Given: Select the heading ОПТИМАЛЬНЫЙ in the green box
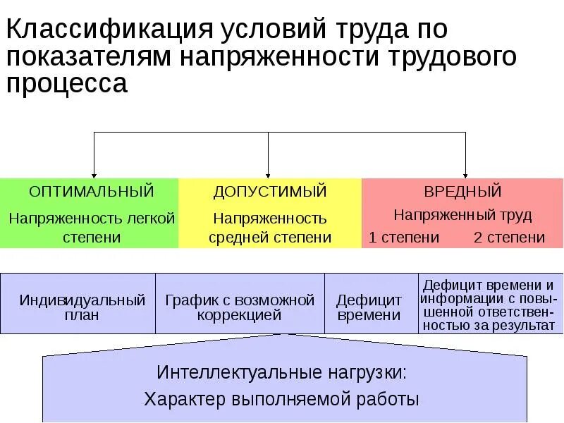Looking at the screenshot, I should tap(91, 191).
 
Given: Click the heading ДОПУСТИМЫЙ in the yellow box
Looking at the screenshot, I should tap(270, 191).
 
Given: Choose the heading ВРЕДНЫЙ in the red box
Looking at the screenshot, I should tap(462, 191).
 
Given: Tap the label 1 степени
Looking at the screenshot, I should tap(404, 238).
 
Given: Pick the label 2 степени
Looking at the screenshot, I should tap(509, 238).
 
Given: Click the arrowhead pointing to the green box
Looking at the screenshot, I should tap(94, 173).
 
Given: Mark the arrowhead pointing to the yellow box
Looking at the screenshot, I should tap(268, 173).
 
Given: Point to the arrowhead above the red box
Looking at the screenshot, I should tap(465, 173).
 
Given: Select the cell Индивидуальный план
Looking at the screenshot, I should tap(82, 307).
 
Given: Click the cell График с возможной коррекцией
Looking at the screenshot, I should tap(240, 307).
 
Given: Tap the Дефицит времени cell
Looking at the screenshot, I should tap(369, 308).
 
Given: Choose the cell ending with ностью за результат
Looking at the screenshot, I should tap(488, 305).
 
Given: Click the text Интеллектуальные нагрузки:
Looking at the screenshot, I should tap(282, 372).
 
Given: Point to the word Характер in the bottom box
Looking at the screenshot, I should tap(184, 399).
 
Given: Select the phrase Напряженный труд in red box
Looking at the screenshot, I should tap(462, 215).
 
